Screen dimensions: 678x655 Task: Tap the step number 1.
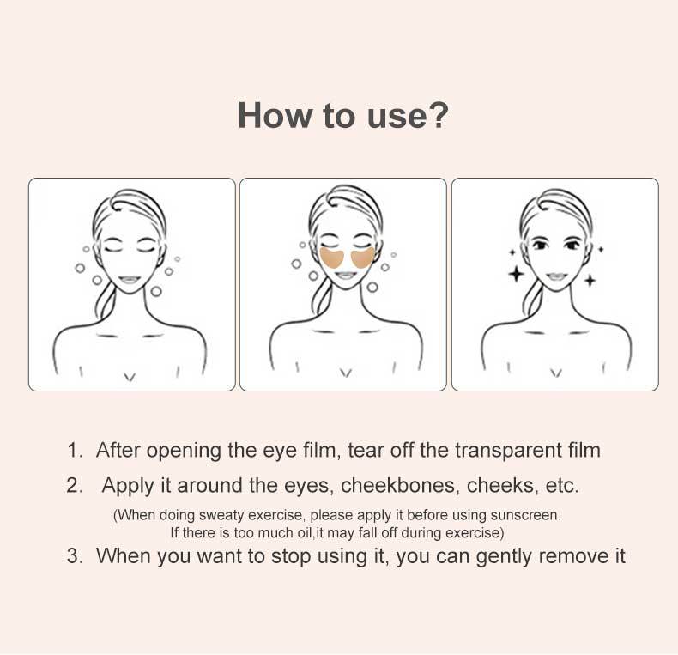point(75,451)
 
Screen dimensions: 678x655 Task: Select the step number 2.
point(75,486)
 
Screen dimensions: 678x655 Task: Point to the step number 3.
point(75,556)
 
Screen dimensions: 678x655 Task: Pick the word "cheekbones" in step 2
point(398,485)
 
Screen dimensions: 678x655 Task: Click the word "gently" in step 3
point(504,557)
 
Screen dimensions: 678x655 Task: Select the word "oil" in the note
point(304,532)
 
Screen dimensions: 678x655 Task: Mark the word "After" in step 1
point(118,450)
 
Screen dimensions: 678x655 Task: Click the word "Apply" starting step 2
point(129,486)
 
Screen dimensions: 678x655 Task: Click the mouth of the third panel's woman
point(556,276)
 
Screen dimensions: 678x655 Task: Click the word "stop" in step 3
point(291,557)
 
